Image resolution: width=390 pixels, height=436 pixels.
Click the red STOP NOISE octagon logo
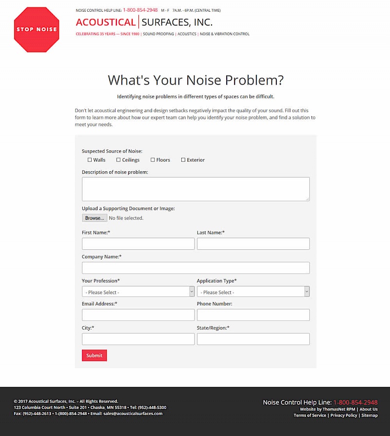click(37, 29)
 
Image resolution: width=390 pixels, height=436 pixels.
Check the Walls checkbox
click(90, 160)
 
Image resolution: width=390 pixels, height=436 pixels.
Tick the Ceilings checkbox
click(118, 160)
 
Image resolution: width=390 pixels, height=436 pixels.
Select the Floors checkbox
click(153, 160)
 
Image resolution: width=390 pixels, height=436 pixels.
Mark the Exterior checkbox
click(183, 160)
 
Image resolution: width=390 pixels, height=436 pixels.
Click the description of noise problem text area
click(195, 189)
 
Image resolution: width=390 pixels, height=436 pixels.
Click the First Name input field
click(138, 244)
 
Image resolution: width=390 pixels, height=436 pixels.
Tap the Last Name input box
click(253, 244)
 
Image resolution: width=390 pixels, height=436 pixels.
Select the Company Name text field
click(195, 268)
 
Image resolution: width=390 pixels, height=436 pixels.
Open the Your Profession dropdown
click(138, 292)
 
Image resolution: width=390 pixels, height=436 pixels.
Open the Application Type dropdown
click(253, 292)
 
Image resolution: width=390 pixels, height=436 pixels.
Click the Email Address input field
click(138, 315)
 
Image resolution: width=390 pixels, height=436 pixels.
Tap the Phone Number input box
click(253, 315)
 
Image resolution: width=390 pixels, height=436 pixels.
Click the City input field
click(138, 339)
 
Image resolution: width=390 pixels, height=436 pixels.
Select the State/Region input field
click(253, 339)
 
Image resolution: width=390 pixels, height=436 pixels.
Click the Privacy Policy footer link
click(344, 416)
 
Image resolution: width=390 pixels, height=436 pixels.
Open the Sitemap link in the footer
click(370, 416)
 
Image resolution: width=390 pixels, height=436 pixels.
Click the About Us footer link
click(369, 409)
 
